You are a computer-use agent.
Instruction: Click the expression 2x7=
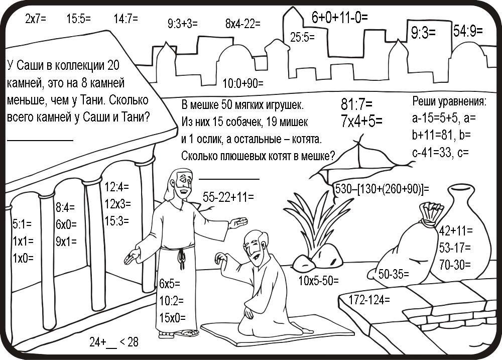tap(35, 20)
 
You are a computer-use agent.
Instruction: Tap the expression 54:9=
tap(467, 31)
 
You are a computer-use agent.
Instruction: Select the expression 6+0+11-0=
tap(340, 18)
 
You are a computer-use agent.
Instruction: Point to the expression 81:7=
tap(356, 105)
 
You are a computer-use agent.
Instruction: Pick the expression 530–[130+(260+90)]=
tap(382, 189)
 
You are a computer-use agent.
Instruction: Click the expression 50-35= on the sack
tap(394, 274)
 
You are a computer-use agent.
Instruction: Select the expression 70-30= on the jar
tap(455, 264)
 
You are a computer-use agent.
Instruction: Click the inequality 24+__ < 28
tap(114, 342)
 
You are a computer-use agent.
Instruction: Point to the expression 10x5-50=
tap(318, 280)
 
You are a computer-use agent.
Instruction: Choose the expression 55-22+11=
tap(228, 197)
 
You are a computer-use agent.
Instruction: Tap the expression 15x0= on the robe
tap(172, 318)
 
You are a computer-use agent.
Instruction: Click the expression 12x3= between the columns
tap(117, 204)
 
